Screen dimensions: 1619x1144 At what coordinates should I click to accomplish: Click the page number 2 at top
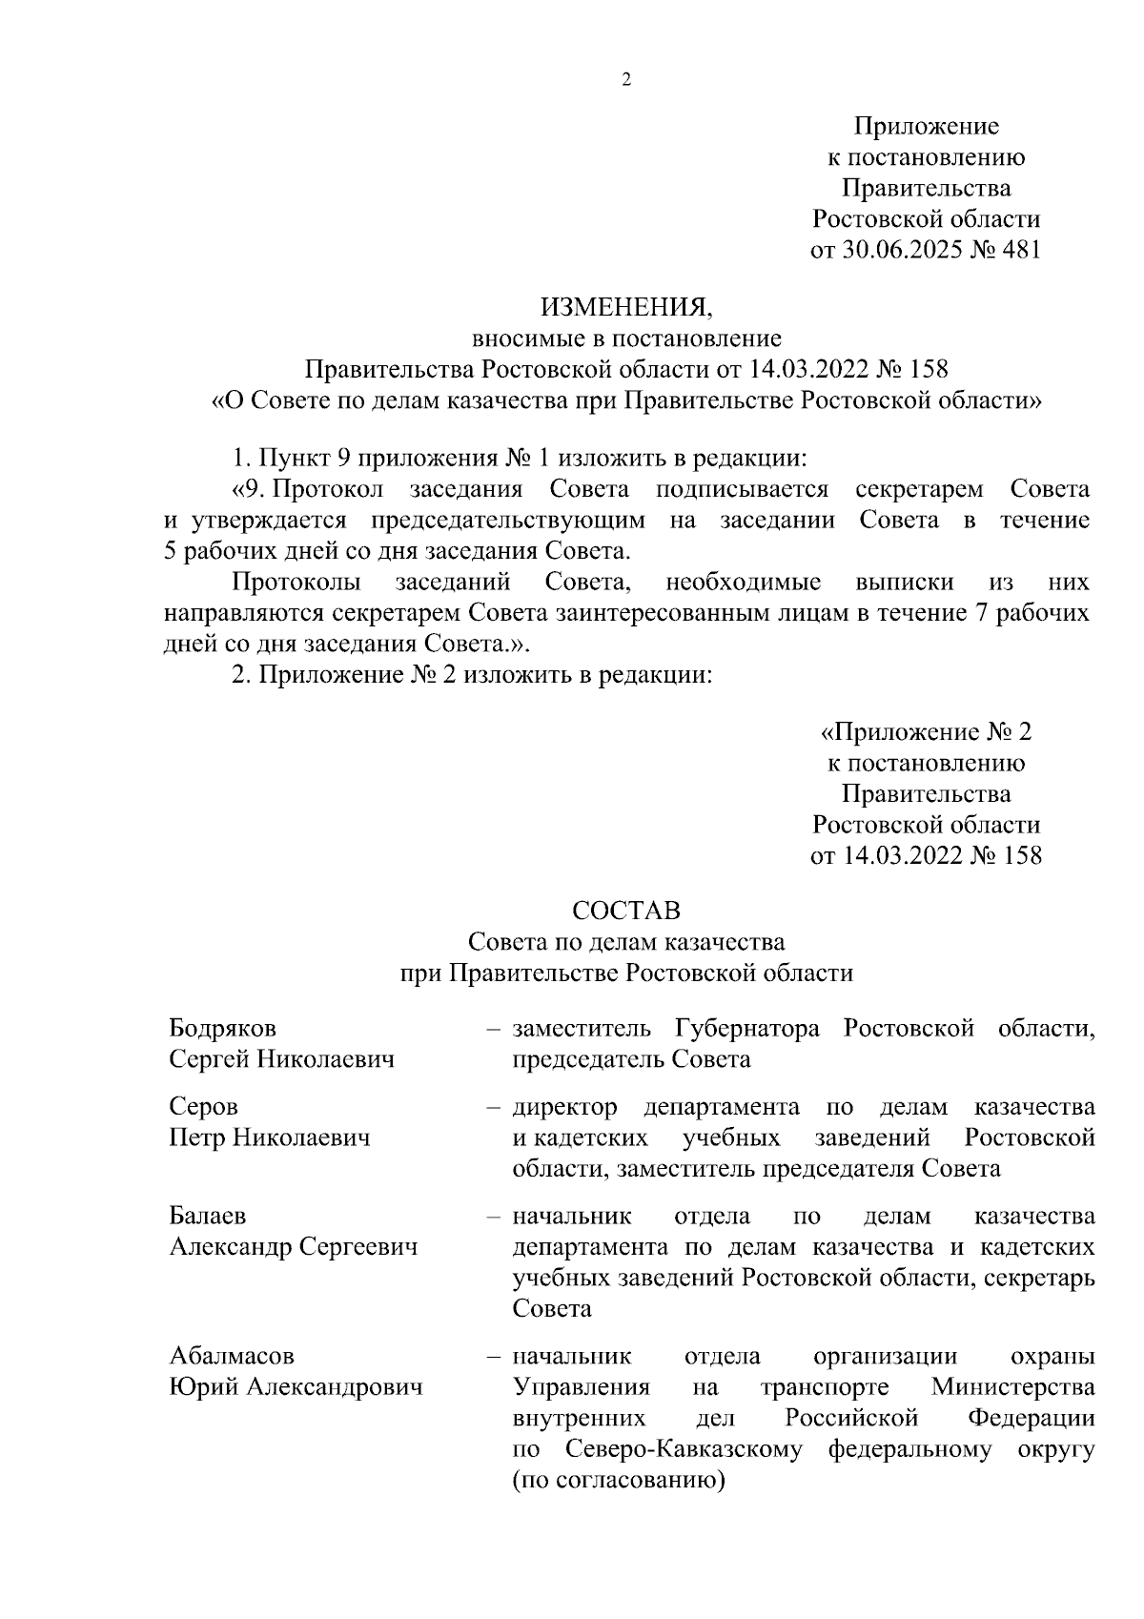click(x=626, y=80)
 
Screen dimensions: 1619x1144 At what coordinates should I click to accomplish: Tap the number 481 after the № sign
click(x=1018, y=250)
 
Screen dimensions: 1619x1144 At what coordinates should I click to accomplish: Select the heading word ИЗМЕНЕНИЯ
click(x=626, y=307)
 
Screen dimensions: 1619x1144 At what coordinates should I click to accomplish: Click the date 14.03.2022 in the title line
click(x=811, y=369)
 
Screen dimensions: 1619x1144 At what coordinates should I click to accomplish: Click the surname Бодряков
click(x=222, y=1028)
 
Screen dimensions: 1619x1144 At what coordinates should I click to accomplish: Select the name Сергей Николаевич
click(x=281, y=1059)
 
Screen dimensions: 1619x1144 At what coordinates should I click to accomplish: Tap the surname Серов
click(x=203, y=1106)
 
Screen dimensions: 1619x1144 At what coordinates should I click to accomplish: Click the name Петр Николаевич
click(x=270, y=1137)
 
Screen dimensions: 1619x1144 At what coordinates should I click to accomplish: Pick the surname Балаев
click(x=207, y=1216)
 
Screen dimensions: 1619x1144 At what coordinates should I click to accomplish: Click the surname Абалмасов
click(x=232, y=1355)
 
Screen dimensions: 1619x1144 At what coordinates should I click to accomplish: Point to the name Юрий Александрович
click(x=296, y=1386)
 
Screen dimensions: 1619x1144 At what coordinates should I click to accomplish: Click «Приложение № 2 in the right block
click(x=926, y=731)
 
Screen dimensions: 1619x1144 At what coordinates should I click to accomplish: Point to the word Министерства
click(x=1012, y=1386)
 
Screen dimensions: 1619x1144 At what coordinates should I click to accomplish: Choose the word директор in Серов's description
click(x=564, y=1106)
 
